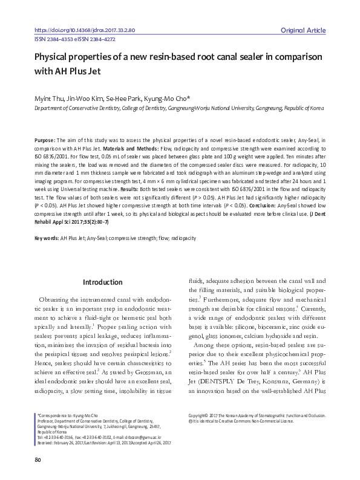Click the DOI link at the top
tap(85, 29)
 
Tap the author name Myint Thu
tap(50, 98)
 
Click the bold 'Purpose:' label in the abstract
tap(45, 140)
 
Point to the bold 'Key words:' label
tap(46, 239)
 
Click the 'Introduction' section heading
tap(102, 282)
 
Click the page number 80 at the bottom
tap(38, 461)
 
